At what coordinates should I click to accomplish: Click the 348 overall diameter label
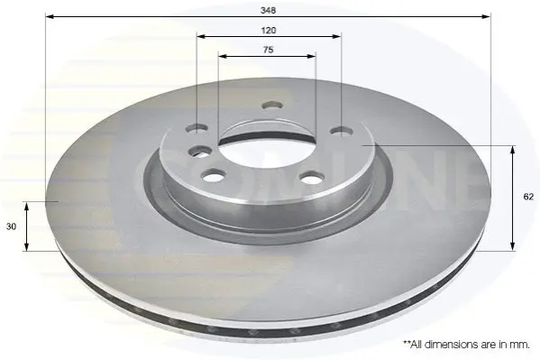[x=268, y=10]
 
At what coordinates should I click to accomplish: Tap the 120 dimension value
[x=269, y=31]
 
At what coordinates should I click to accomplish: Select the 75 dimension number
[x=268, y=50]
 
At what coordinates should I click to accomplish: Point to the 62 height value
[x=528, y=197]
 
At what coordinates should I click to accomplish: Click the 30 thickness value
[x=12, y=226]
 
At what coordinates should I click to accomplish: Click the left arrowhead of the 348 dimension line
[x=50, y=16]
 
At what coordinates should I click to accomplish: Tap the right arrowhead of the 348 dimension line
[x=486, y=16]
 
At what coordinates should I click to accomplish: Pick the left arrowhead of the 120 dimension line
[x=201, y=36]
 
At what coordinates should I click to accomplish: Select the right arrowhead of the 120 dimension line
[x=336, y=36]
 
